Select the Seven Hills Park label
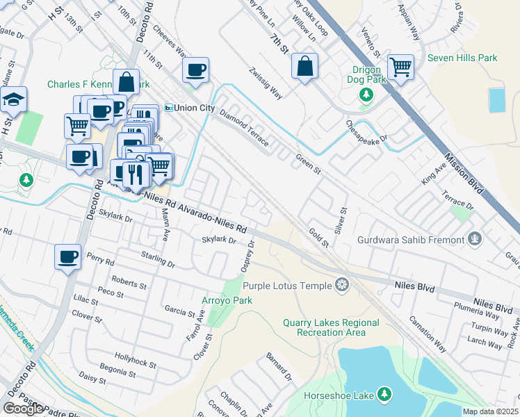coord(462,58)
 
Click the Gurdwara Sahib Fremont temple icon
coord(475,240)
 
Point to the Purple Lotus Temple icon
coord(341,284)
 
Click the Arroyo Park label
coord(227,300)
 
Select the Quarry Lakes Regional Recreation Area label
coord(331,327)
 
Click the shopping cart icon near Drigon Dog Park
coord(400,67)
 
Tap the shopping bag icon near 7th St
coord(304,67)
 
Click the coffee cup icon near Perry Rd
coord(67,256)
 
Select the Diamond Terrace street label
coord(243,128)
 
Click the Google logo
coord(24,409)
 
